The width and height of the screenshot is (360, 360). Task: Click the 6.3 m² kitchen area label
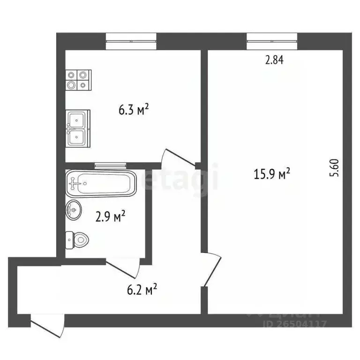[134, 110]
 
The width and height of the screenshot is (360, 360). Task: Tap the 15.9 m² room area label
[272, 175]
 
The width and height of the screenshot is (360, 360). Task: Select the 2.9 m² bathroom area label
[111, 217]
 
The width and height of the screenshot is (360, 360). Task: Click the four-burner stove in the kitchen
[77, 80]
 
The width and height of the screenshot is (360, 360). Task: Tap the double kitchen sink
[77, 128]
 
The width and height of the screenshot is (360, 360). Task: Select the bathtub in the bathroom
[101, 183]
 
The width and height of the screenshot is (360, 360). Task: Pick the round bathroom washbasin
[74, 210]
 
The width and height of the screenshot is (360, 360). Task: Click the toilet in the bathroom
[77, 240]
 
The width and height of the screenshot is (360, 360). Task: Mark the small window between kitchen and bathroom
[111, 165]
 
